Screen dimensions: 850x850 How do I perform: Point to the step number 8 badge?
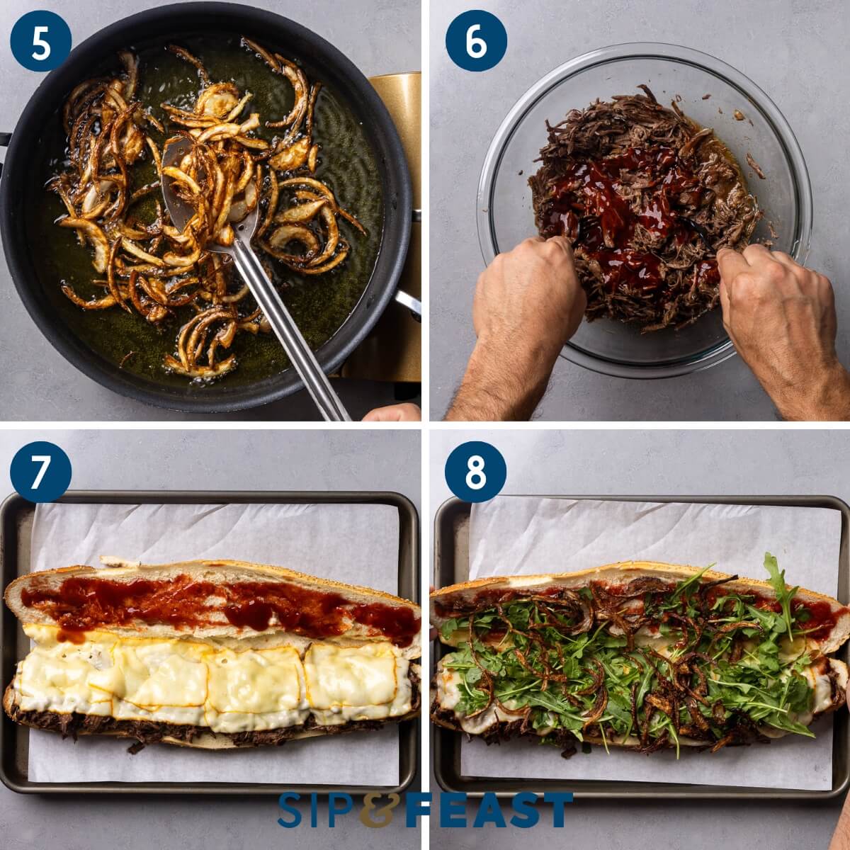[475, 473]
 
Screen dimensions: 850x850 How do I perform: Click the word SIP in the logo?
[316, 810]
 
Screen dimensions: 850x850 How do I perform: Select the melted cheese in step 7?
[212, 673]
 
